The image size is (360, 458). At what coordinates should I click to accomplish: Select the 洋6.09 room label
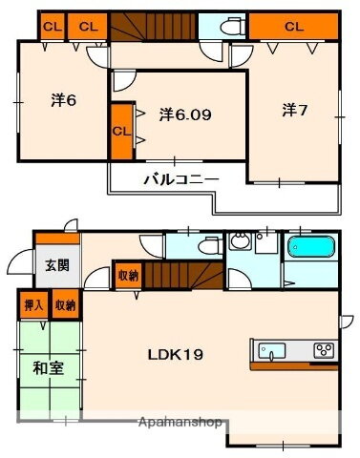tap(184, 114)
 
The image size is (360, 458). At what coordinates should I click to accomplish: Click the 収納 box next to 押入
tap(64, 306)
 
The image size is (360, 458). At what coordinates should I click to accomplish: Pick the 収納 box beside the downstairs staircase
tap(128, 275)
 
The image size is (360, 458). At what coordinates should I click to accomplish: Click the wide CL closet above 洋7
tap(292, 27)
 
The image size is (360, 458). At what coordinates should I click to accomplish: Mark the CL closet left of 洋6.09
tap(119, 130)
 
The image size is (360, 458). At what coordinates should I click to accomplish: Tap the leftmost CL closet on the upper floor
tap(53, 27)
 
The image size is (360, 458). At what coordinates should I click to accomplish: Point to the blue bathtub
tap(308, 248)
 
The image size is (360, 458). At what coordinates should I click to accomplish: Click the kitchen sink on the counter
tap(271, 348)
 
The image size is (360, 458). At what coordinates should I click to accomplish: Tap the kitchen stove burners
tap(323, 348)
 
